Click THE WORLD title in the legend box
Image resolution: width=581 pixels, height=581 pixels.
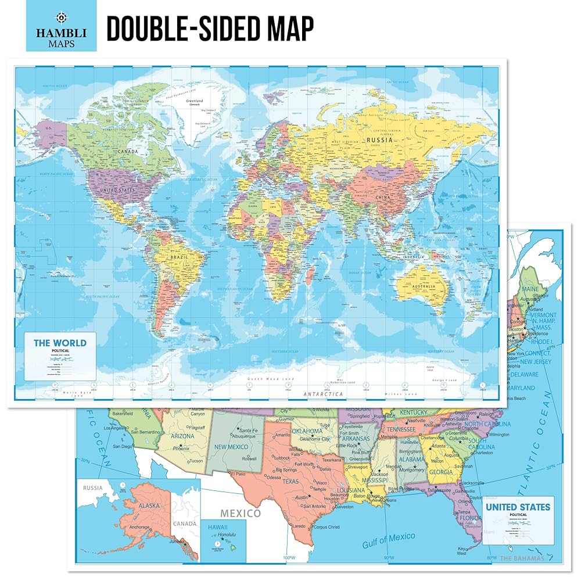(x=60, y=343)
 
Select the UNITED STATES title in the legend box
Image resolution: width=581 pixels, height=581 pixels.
(x=518, y=507)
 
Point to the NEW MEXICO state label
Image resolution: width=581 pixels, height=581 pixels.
(x=232, y=446)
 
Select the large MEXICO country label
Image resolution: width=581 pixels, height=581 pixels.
(x=240, y=514)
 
